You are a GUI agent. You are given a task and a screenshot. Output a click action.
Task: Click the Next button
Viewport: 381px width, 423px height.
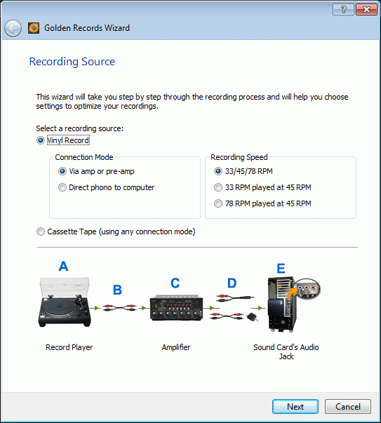[x=295, y=406]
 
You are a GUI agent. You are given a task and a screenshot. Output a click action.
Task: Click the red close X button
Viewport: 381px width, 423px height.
[x=366, y=10]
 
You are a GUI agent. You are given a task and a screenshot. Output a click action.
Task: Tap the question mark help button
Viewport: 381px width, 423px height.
[x=344, y=10]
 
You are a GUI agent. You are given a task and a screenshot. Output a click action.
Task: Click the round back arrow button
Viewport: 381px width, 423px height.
[x=13, y=28]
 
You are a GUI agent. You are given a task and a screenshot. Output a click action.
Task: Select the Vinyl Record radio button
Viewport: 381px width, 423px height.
[x=41, y=140]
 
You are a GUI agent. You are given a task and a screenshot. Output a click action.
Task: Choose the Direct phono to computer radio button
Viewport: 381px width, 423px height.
[x=62, y=187]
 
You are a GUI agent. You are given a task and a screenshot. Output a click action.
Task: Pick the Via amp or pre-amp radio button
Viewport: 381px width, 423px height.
[x=62, y=171]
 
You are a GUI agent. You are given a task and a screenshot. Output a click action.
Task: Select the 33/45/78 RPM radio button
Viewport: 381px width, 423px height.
[x=218, y=171]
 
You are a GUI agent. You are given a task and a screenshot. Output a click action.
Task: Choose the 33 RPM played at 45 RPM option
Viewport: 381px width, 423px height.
[x=218, y=187]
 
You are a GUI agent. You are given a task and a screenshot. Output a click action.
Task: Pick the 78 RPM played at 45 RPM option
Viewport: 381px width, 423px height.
[x=218, y=203]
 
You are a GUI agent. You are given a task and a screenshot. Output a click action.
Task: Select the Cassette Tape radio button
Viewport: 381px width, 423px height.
[x=41, y=231]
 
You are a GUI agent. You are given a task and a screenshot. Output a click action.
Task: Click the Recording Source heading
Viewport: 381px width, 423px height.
[x=72, y=62]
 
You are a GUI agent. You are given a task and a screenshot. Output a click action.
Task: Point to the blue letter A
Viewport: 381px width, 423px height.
[x=63, y=266]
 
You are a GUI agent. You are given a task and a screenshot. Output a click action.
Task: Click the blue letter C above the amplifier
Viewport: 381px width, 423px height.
[x=175, y=283]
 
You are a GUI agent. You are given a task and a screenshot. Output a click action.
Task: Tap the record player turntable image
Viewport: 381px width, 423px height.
[x=65, y=302]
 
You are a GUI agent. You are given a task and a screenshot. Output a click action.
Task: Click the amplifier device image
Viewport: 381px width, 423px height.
[x=177, y=308]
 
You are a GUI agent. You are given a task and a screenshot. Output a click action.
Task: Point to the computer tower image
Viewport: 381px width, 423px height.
[x=282, y=304]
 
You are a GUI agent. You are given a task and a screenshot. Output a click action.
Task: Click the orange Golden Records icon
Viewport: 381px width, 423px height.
[x=34, y=28]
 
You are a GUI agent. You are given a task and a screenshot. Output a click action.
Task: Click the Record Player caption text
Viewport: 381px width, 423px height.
[x=69, y=347]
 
